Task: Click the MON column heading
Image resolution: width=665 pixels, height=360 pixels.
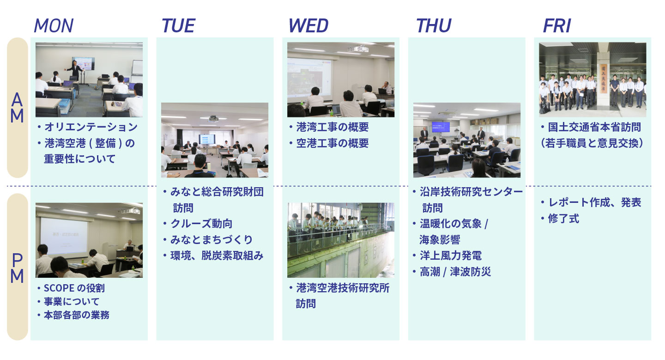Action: click(54, 25)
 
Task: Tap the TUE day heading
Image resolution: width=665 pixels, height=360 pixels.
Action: click(178, 25)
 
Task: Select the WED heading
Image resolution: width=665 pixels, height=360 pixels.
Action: click(308, 25)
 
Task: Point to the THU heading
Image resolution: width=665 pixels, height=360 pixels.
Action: click(434, 25)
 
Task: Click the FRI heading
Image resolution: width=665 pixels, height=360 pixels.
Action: click(556, 25)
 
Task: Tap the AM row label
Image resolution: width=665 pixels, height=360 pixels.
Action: click(17, 108)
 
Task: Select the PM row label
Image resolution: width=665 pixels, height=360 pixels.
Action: click(17, 268)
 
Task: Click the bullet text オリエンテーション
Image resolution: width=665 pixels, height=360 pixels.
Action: click(91, 127)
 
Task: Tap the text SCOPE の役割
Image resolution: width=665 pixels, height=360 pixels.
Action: click(74, 288)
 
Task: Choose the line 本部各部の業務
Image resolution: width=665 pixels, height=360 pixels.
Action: click(77, 315)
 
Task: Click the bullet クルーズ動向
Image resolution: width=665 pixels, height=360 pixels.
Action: click(201, 224)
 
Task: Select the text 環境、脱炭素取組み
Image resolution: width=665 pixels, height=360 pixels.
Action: click(217, 256)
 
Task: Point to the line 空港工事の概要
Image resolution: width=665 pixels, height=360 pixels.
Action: click(332, 143)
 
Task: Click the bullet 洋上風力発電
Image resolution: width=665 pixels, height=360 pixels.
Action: click(451, 256)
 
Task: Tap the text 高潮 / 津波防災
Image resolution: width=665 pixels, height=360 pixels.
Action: click(455, 272)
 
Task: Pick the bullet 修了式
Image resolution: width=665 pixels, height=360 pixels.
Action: click(563, 219)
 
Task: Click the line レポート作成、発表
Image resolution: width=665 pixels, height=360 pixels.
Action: click(595, 202)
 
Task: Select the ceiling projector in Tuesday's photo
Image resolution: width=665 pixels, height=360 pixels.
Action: click(213, 119)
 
